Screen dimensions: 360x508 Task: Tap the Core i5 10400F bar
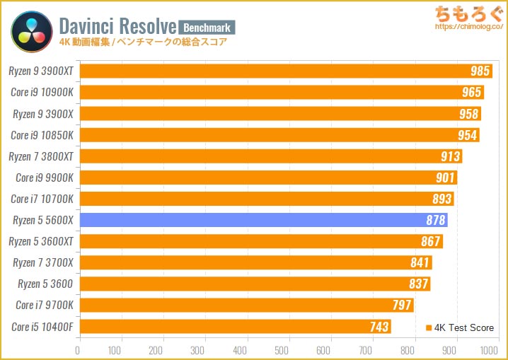pos(234,327)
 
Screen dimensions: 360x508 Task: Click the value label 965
pos(471,93)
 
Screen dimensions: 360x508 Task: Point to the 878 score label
pos(436,221)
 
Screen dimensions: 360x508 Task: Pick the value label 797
pos(402,306)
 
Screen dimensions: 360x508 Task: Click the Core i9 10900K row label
pos(42,93)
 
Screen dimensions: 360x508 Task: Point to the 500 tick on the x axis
pos(284,349)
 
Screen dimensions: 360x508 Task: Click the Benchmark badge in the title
pos(207,27)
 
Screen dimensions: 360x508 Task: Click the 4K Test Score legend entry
pos(460,327)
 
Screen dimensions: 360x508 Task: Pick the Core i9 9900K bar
pos(268,178)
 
